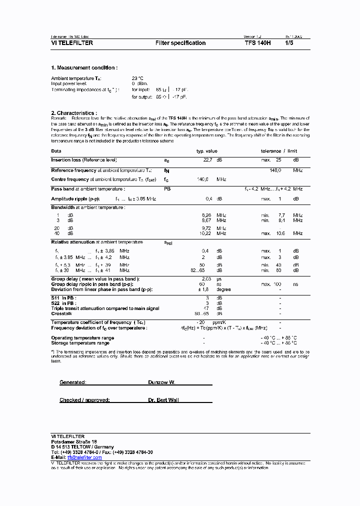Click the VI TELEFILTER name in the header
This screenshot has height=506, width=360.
coord(72,43)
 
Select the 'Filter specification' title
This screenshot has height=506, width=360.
coord(180,43)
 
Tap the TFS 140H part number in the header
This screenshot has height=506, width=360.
coord(257,43)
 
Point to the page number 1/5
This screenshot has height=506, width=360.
coord(289,43)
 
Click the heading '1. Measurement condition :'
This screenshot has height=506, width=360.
coord(84,67)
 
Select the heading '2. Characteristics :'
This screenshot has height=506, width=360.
coord(74,113)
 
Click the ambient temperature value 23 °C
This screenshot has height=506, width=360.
coord(137,78)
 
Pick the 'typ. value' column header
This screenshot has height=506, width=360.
coord(206,150)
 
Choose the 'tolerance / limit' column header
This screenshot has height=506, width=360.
coord(278,150)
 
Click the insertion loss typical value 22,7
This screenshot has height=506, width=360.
coord(207,160)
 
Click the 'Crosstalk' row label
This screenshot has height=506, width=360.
coord(62,313)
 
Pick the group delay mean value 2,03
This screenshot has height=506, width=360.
coord(206,278)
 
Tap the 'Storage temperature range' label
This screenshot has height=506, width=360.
coord(80,343)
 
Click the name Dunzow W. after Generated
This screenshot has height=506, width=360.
coord(161,382)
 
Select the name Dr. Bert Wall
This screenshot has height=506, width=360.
coord(163,400)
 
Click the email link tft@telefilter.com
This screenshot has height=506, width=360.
coord(84,457)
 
